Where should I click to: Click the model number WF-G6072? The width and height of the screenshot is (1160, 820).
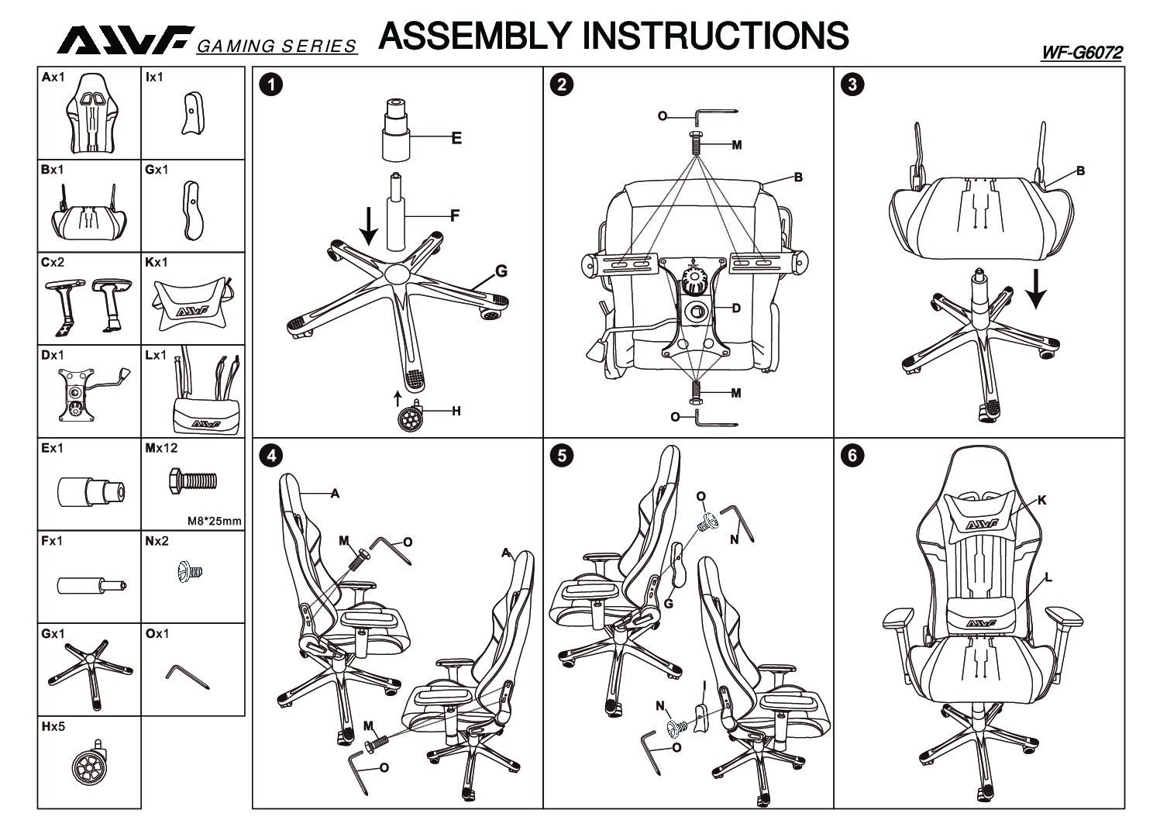[x=1082, y=53]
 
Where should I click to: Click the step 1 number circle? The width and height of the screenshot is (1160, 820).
[x=270, y=84]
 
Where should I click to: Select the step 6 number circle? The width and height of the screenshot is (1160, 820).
[x=852, y=455]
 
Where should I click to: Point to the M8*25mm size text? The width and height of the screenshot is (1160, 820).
[x=215, y=521]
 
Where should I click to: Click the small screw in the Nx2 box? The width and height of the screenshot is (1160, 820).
[x=191, y=573]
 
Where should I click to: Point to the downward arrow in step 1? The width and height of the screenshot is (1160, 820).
[x=369, y=224]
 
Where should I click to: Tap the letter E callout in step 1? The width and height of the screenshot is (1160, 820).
[x=456, y=139]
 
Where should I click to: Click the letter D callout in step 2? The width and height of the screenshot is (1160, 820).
[x=736, y=308]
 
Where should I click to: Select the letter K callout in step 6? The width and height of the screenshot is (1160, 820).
[x=1041, y=501]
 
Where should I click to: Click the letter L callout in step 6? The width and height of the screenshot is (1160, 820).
[x=1048, y=577]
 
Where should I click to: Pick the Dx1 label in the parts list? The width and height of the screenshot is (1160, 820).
[x=53, y=355]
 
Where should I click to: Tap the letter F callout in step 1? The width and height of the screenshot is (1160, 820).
[x=455, y=216]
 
